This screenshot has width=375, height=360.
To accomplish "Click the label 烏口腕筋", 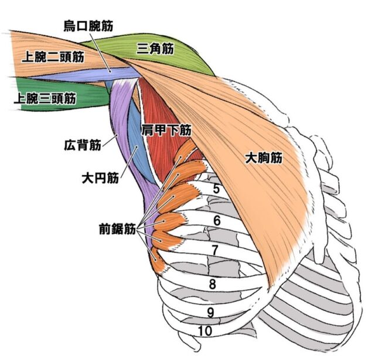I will coord(88,25).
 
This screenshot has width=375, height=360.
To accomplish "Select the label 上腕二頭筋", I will coord(52,57).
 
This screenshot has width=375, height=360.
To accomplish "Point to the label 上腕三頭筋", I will coord(45,98).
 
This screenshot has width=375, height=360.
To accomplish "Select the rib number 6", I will coord(217,221).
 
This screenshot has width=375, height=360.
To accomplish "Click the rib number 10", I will coord(204,331).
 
